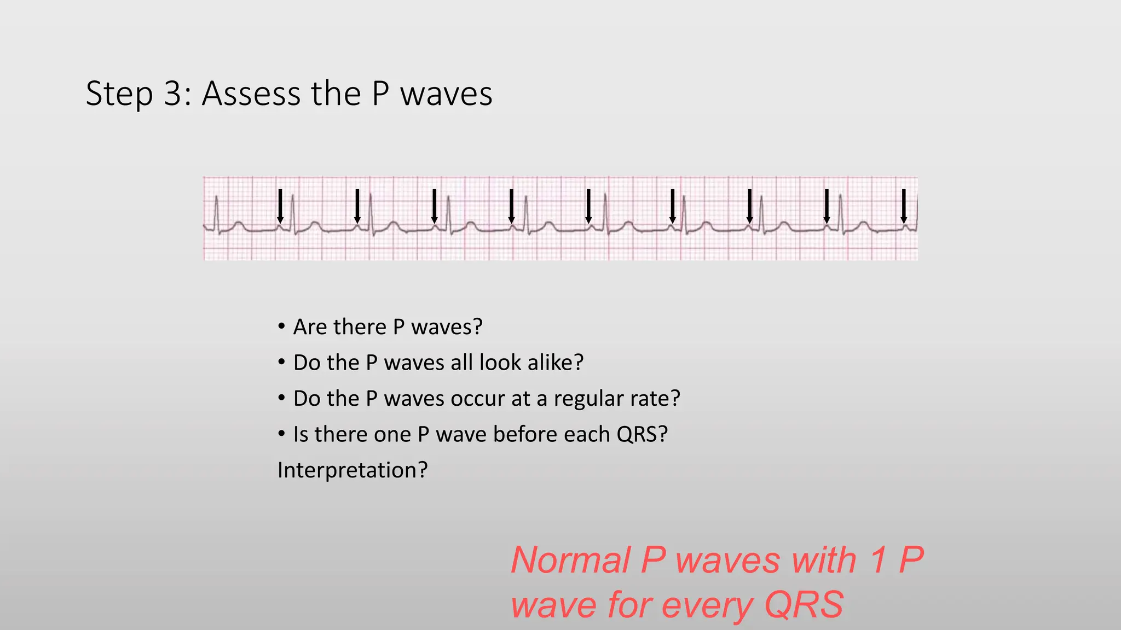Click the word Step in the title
tap(119, 94)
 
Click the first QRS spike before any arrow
tap(217, 211)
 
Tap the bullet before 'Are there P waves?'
tap(281, 327)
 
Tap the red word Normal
tap(570, 560)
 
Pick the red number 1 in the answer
tap(878, 560)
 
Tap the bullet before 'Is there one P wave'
tap(281, 434)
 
